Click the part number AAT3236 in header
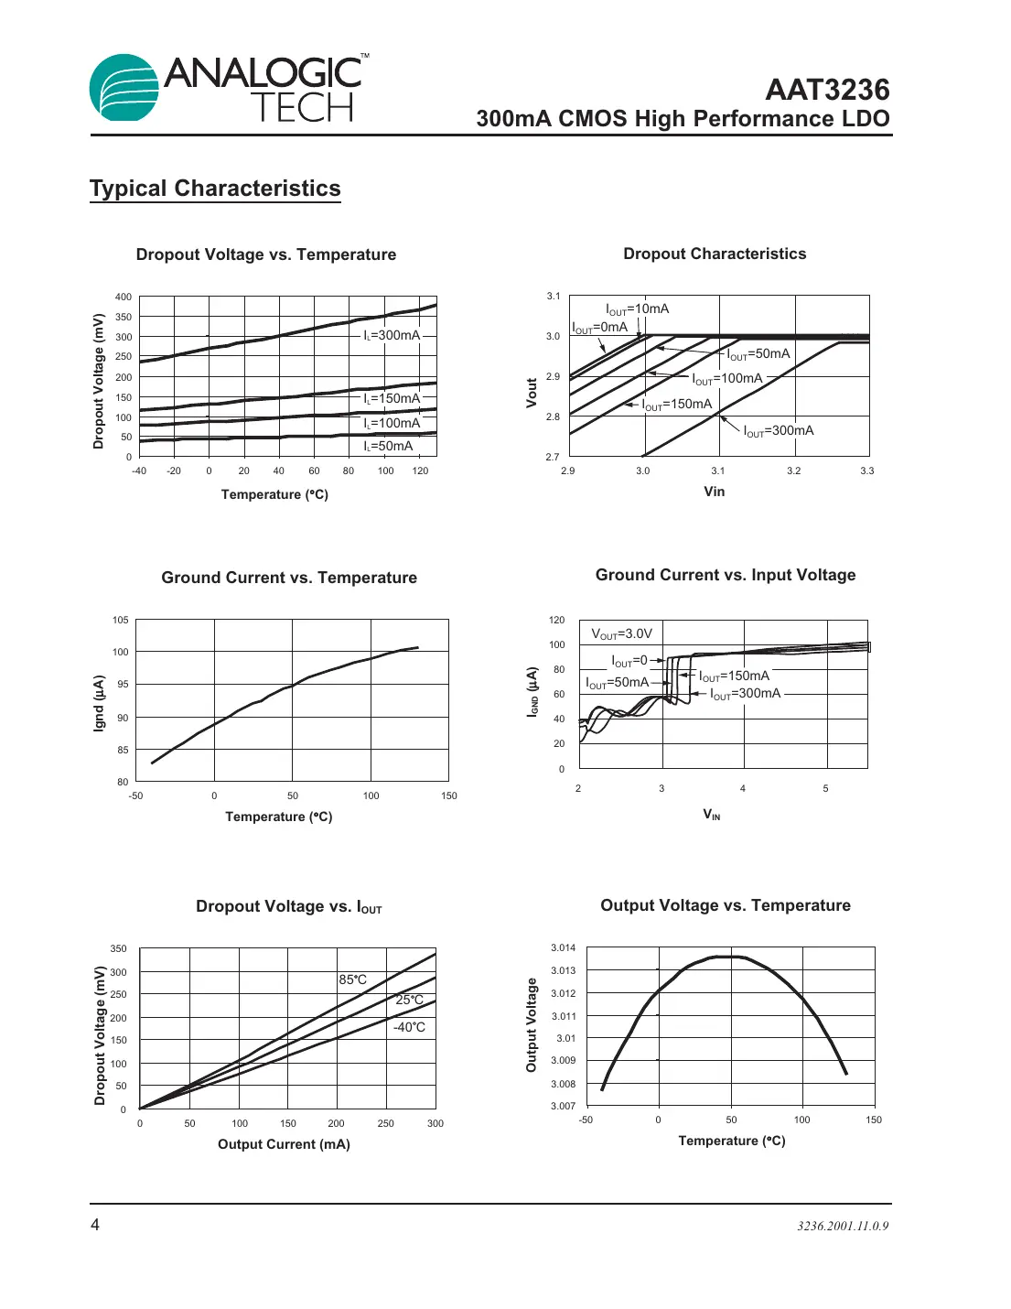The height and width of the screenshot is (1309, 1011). (827, 90)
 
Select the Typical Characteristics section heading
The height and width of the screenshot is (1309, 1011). (215, 189)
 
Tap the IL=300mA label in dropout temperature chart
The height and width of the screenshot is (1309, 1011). (392, 335)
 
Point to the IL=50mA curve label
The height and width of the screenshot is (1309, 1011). (388, 446)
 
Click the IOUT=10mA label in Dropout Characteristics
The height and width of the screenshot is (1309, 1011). (637, 309)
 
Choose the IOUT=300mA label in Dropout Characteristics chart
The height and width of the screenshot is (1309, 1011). (778, 431)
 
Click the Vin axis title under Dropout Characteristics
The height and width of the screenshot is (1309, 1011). (714, 492)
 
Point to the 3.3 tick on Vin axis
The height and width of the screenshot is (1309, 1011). (866, 471)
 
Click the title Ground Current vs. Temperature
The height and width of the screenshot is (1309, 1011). (289, 578)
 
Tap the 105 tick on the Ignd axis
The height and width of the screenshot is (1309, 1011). (120, 620)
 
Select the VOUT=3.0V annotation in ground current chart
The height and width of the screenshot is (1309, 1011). (621, 633)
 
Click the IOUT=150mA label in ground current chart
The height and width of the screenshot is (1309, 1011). (734, 676)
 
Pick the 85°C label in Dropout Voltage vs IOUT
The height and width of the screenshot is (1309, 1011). (352, 979)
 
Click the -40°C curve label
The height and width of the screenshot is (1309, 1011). (409, 1027)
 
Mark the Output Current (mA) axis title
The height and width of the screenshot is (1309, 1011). (284, 1144)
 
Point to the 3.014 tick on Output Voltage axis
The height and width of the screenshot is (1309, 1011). (563, 947)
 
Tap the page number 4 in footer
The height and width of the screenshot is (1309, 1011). (95, 1225)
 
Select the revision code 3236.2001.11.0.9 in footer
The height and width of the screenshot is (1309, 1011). (842, 1226)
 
